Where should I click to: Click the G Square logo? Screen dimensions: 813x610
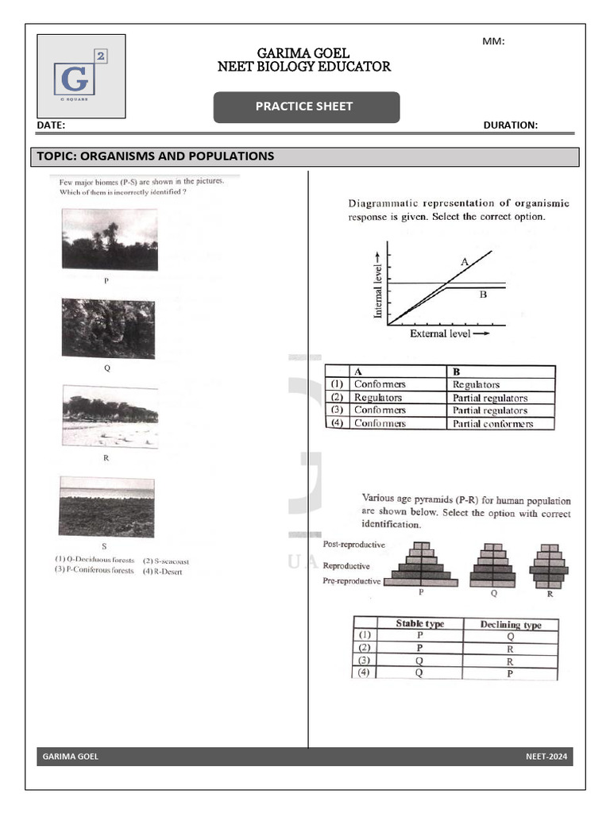81,76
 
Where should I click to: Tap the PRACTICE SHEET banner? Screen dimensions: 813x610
306,107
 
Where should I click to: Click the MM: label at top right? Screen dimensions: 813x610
493,42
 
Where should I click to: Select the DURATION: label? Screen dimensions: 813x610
510,125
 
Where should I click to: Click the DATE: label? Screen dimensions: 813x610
51,125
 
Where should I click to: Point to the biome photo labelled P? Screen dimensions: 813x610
110,239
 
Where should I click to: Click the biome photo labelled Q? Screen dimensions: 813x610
109,329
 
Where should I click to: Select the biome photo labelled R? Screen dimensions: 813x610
110,418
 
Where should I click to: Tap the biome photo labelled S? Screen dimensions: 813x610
106,507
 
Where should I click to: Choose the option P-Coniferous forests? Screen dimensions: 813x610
94,571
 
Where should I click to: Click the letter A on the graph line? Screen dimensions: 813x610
464,260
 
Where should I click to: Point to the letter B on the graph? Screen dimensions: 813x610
482,295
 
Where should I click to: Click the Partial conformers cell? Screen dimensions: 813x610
492,423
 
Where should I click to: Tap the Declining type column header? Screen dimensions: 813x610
511,625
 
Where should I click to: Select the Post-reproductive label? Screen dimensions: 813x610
354,545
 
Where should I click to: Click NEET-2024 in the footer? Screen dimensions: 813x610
546,757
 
